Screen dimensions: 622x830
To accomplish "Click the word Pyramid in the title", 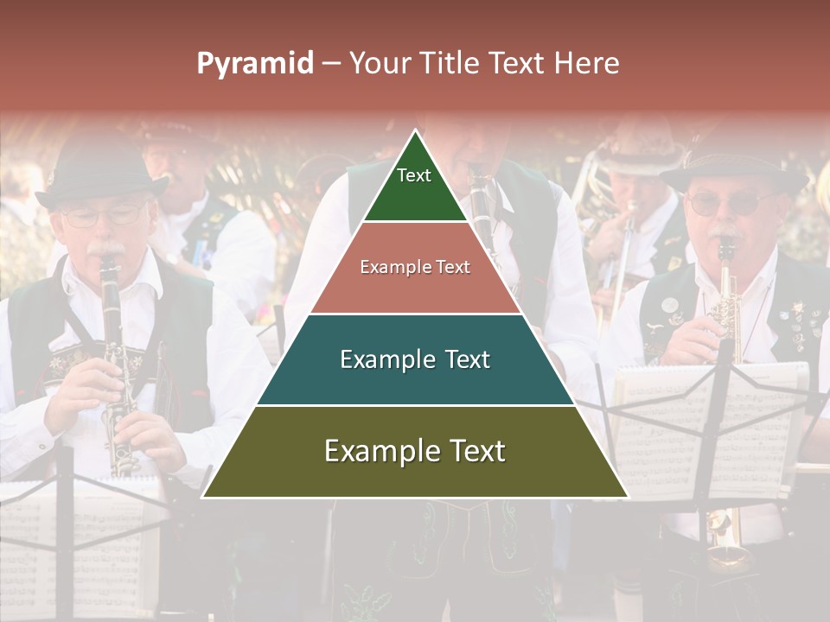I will [x=255, y=64].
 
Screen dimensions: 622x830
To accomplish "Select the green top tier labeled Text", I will [x=414, y=186].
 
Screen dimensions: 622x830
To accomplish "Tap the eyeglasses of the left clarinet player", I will [x=104, y=216].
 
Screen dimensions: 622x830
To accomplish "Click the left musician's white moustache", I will [x=107, y=251].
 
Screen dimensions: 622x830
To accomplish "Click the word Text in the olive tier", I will [x=466, y=451].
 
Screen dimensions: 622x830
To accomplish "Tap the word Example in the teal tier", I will [x=380, y=359].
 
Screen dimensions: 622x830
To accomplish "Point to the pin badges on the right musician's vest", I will [x=800, y=320].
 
